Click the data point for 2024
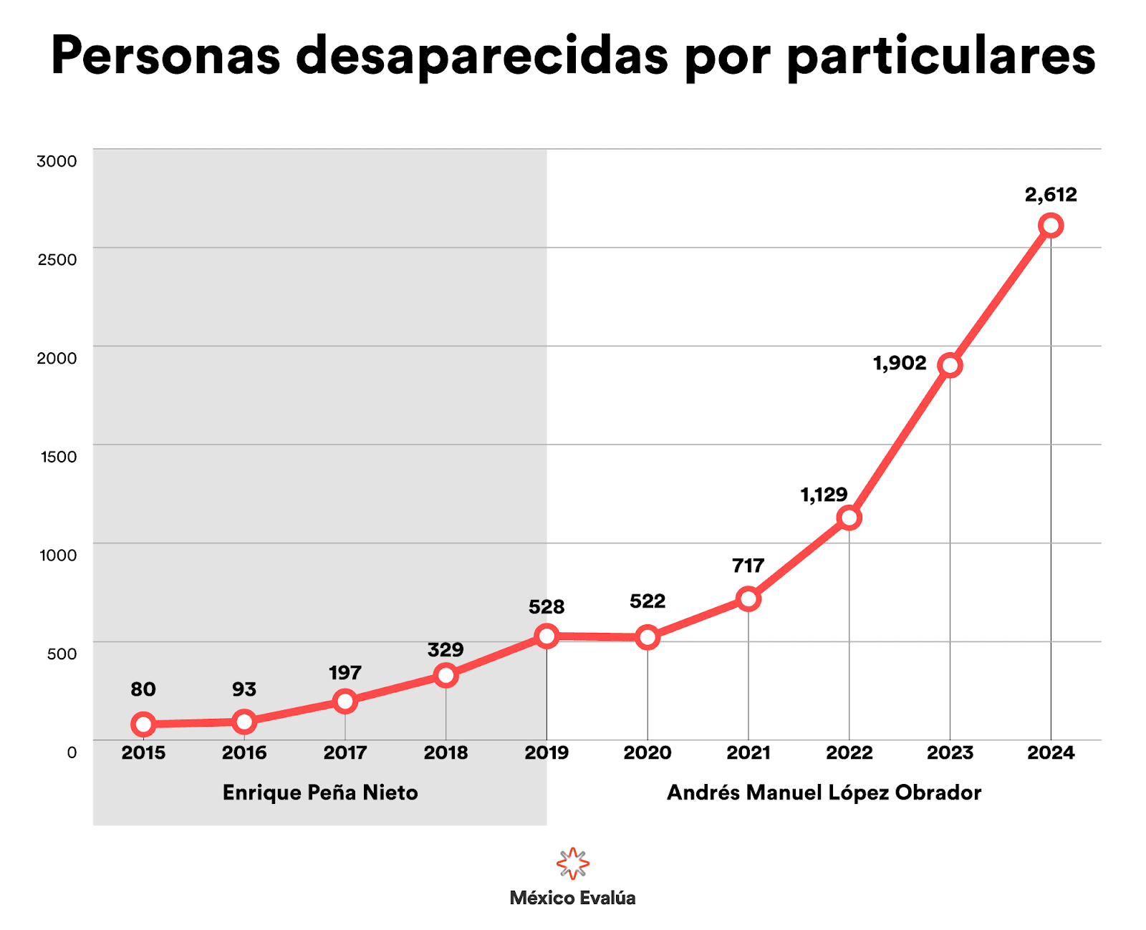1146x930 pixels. tap(1051, 226)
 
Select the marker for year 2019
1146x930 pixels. tap(546, 636)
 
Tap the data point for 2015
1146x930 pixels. tap(143, 724)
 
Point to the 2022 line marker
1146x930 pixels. tap(849, 518)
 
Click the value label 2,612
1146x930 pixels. tap(1051, 195)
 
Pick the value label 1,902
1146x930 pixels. tap(900, 363)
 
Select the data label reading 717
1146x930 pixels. tap(748, 566)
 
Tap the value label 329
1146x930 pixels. tap(446, 649)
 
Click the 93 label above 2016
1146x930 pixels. tap(244, 689)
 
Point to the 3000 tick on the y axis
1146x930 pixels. tap(57, 161)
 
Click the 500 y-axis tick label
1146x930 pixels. tap(62, 654)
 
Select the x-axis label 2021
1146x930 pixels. tap(748, 752)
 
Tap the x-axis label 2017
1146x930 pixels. tap(345, 752)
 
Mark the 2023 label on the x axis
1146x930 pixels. tap(950, 752)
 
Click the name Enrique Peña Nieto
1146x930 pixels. tap(320, 793)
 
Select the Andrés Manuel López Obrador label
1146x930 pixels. tap(824, 793)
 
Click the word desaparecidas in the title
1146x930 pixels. tap(482, 56)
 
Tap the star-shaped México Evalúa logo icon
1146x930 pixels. tap(573, 863)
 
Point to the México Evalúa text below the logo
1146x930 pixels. tap(573, 898)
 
